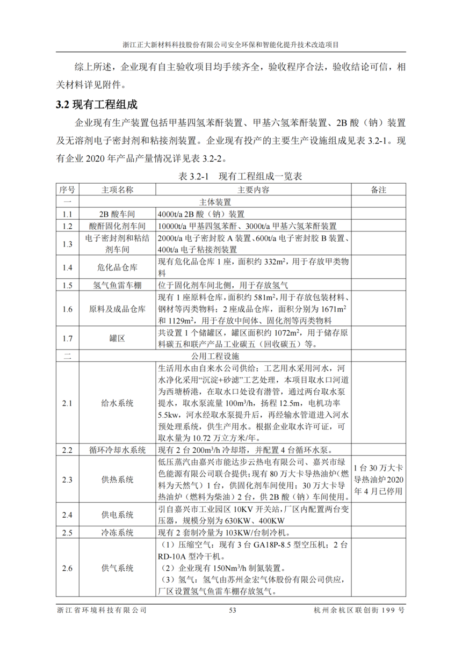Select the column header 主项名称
(118, 190)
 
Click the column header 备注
(378, 190)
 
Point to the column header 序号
(67, 190)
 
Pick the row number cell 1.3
(67, 244)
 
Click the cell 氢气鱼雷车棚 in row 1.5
(118, 285)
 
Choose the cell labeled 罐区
(118, 338)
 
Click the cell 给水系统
(118, 403)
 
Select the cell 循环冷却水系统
(118, 450)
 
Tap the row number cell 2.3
(67, 479)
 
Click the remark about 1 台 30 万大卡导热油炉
(378, 479)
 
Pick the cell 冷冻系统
(118, 533)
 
